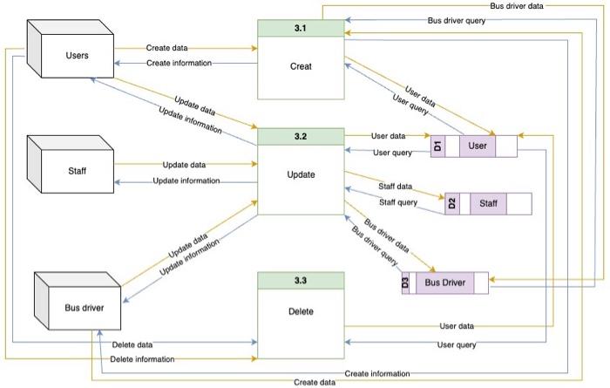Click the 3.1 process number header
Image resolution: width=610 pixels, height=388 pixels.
point(301,29)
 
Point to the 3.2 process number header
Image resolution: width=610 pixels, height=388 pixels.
point(301,137)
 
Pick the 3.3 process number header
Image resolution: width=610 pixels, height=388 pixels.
point(301,280)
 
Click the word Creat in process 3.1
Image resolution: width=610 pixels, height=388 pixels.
point(301,66)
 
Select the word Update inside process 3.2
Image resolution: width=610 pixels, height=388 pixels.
point(301,174)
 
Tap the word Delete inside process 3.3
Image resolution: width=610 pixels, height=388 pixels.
point(301,311)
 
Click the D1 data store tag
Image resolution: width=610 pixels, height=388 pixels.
point(438,146)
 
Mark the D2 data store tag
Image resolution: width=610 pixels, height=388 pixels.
point(452,204)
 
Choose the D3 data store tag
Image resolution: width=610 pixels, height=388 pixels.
point(406,282)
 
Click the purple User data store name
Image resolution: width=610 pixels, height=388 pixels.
point(478,146)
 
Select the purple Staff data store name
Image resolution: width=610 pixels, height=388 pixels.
point(489,204)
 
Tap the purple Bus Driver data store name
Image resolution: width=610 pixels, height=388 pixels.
point(445,282)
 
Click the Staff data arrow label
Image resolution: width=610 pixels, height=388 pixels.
point(395,187)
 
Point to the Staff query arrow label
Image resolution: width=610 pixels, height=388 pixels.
point(396,202)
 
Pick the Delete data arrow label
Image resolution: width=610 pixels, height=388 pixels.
point(132,344)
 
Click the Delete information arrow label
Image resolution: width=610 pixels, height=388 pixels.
point(142,358)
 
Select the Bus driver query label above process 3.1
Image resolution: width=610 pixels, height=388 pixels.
point(457,20)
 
